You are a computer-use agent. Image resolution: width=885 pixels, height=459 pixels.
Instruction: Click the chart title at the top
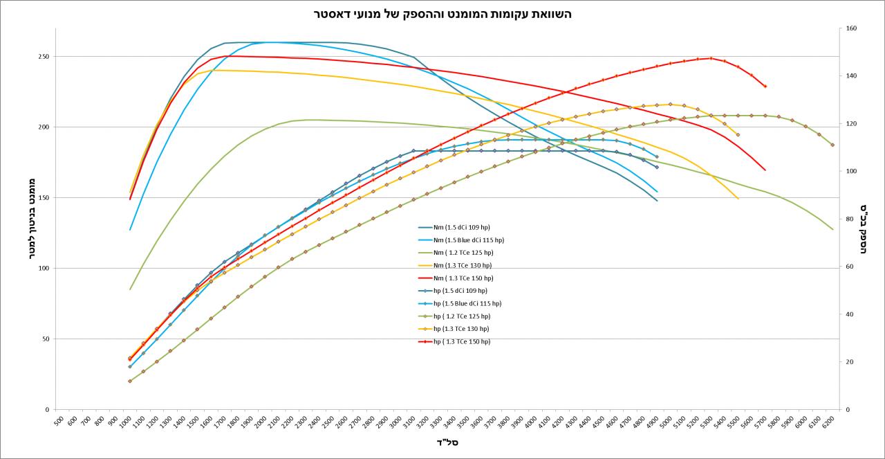pyautogui.click(x=442, y=14)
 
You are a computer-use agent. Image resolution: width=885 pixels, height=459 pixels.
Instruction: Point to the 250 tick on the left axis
pyautogui.click(x=44, y=57)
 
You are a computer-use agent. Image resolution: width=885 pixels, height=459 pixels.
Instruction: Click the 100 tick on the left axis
pyautogui.click(x=44, y=269)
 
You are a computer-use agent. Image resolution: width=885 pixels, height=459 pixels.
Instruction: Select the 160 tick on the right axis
pyautogui.click(x=851, y=28)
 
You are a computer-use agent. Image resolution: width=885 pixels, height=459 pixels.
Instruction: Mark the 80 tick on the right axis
pyautogui.click(x=849, y=219)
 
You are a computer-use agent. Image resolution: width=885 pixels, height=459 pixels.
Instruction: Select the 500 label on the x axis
pyautogui.click(x=59, y=420)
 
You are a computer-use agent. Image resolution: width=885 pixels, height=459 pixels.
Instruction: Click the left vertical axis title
pyautogui.click(x=32, y=219)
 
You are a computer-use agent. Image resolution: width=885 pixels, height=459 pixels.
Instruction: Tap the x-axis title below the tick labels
pyautogui.click(x=447, y=442)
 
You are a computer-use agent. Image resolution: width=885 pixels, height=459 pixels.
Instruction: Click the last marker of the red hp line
pyautogui.click(x=765, y=87)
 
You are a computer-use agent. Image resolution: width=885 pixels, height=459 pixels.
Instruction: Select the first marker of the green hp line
pyautogui.click(x=130, y=381)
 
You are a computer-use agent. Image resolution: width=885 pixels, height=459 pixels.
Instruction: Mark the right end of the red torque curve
pyautogui.click(x=765, y=170)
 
